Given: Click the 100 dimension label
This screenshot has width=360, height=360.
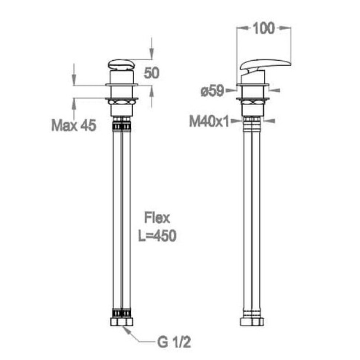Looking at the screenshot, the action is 264,28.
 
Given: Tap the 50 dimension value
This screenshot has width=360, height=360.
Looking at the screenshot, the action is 151,73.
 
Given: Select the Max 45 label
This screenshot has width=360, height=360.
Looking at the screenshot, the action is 73,126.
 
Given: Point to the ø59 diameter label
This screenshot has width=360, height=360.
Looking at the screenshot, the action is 212,91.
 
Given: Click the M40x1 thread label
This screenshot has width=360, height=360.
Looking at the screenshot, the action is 209,121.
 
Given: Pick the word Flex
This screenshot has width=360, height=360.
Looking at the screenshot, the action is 157,218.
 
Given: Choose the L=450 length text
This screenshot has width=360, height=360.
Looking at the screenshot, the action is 157,235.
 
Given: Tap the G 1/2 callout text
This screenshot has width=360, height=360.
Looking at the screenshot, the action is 174,342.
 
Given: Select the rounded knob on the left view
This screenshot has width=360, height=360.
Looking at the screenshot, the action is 121,64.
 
